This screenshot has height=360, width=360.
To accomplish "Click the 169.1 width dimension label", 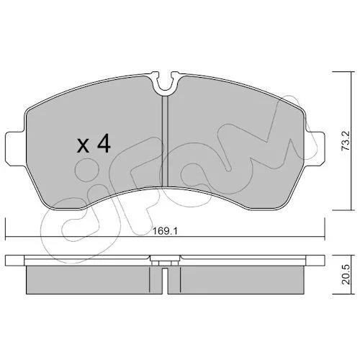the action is [x=165, y=232].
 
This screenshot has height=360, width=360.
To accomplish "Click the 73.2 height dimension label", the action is [x=346, y=141].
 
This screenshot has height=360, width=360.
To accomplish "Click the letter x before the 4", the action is [x=83, y=146].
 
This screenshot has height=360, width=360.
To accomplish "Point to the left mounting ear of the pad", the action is [x=15, y=148].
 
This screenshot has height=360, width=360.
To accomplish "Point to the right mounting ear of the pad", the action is [x=315, y=148].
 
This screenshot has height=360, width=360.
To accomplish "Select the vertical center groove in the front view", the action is [x=166, y=141].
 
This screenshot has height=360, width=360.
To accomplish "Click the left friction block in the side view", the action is [x=94, y=279].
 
